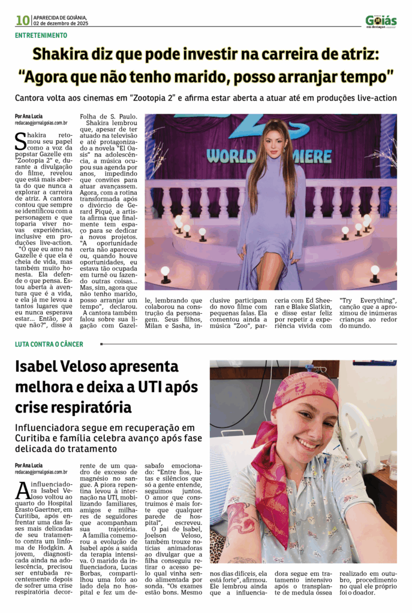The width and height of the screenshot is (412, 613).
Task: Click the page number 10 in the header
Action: click(23, 20)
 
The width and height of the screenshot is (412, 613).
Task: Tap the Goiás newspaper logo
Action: click(381, 21)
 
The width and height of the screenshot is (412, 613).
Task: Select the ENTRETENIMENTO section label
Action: click(41, 35)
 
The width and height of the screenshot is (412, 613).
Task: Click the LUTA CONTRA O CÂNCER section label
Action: click(49, 344)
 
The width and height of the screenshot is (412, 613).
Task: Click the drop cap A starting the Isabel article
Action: click(22, 491)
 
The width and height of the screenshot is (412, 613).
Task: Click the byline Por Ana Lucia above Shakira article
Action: click(29, 116)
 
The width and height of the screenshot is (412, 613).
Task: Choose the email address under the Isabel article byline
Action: click(41, 472)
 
